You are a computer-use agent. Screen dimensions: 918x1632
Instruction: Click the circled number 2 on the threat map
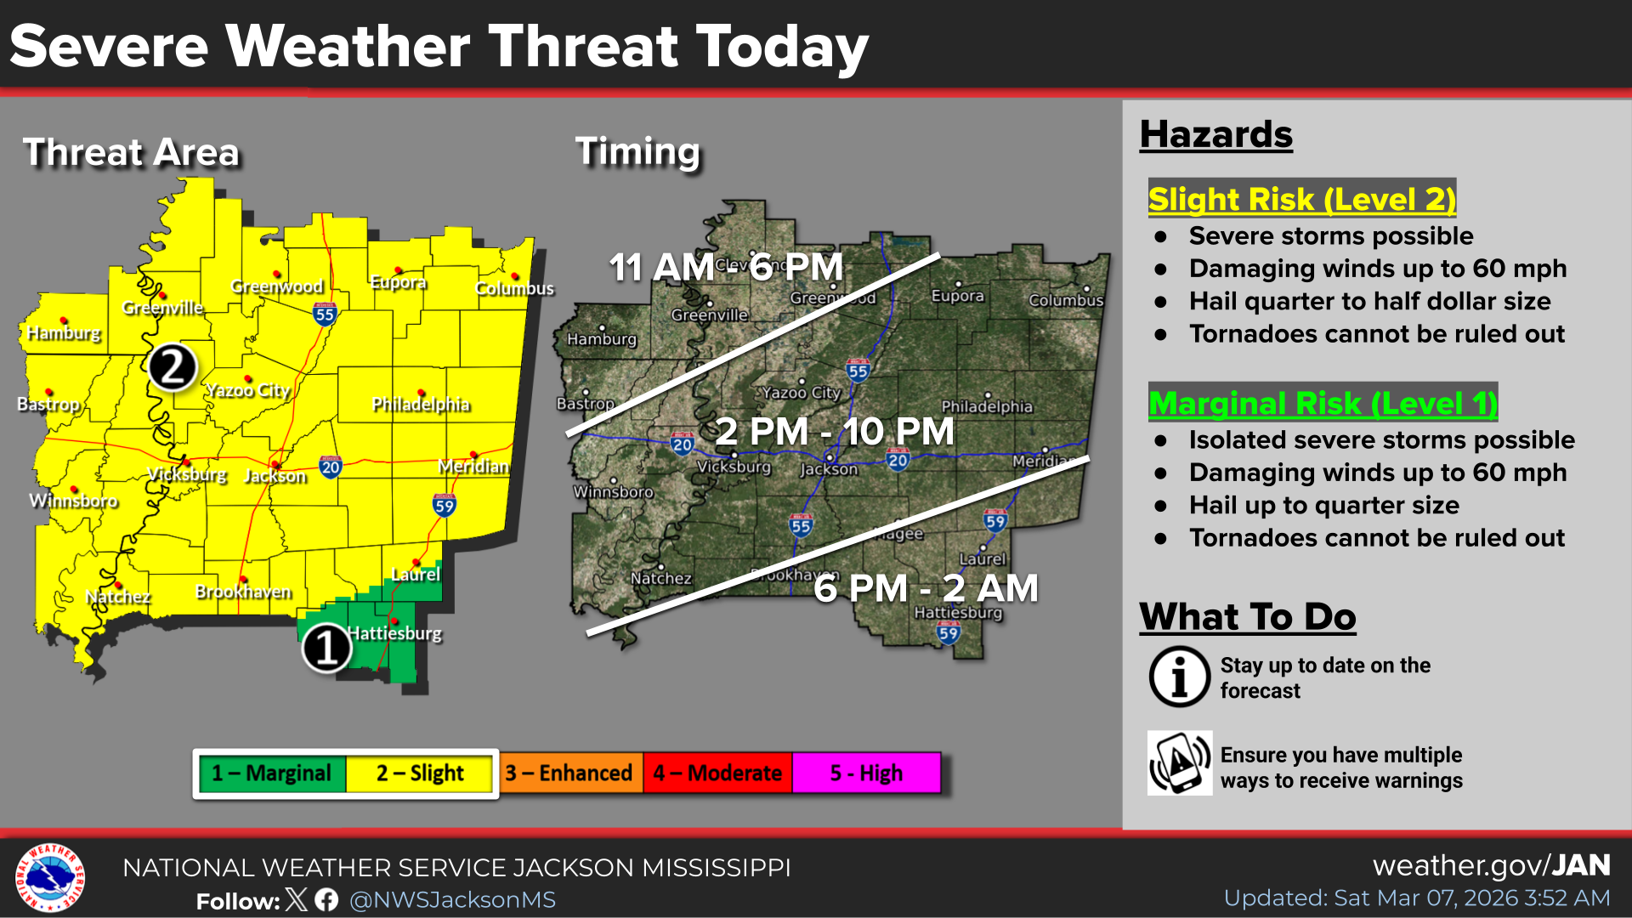coord(173,367)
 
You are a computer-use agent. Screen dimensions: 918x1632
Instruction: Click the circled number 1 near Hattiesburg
coord(326,648)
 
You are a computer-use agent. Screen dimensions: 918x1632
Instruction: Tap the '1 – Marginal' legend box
coord(271,773)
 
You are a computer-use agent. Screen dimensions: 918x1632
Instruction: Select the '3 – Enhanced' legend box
coord(569,773)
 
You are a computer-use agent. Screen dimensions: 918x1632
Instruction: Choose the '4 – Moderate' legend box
coord(717,773)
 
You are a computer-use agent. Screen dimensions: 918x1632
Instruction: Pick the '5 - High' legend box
coord(866,773)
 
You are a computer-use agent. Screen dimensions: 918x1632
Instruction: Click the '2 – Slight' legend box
coord(420,773)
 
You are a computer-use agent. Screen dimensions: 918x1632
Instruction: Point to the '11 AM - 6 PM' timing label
coord(726,268)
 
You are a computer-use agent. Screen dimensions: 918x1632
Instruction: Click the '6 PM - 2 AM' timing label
coord(926,588)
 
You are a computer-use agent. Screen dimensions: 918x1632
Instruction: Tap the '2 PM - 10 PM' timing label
coord(834,432)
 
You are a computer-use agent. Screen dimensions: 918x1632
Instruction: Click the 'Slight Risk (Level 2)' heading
coord(1301,199)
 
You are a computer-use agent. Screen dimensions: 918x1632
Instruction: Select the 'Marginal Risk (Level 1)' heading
coord(1323,403)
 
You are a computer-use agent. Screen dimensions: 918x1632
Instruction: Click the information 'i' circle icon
coord(1180,677)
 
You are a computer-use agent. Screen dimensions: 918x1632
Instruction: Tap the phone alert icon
coord(1180,763)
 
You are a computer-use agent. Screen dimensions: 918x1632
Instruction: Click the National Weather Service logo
coord(50,877)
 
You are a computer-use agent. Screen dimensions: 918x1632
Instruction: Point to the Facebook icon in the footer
coord(326,899)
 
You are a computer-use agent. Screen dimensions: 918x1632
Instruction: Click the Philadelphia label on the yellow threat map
coord(421,405)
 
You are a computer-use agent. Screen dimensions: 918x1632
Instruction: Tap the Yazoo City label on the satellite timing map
coord(801,393)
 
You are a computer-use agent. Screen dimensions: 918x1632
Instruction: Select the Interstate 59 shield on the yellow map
coord(445,506)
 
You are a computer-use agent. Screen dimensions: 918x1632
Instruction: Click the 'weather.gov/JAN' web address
coord(1491,865)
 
